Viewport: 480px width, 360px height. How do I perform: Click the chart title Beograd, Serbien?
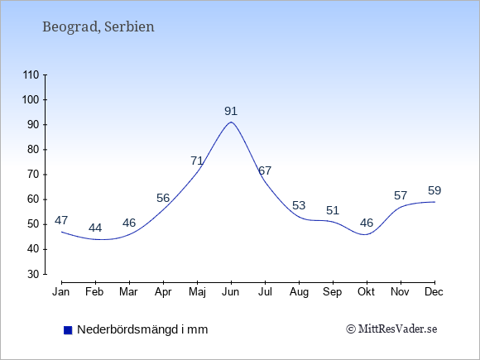coord(98,27)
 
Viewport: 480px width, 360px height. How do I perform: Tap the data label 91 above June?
coord(231,111)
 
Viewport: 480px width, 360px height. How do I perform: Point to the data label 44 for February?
coord(95,228)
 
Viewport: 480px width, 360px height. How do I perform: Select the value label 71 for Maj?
coord(197,161)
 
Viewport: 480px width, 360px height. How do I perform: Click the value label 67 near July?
coord(265,170)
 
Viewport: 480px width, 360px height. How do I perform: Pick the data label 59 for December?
coord(434,190)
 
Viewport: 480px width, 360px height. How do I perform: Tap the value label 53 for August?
coord(299,205)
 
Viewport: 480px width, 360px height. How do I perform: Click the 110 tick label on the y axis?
coord(31,74)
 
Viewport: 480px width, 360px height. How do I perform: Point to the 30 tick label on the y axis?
coord(33,274)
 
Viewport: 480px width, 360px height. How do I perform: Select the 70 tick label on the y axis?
coord(33,175)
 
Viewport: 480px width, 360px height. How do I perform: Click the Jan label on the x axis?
coord(61,292)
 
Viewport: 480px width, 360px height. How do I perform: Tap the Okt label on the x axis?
coord(366,292)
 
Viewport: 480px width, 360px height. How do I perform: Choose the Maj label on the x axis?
coord(197,292)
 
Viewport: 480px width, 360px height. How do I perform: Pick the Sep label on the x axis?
coord(333,292)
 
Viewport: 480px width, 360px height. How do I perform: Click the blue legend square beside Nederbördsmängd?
coord(68,330)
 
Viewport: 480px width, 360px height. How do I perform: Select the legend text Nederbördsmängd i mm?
coord(142,329)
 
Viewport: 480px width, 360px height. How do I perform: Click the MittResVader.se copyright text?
coord(391,329)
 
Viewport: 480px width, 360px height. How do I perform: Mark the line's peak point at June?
coord(231,122)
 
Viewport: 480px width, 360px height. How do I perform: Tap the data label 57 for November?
coord(401,195)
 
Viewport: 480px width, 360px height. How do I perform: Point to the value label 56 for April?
coord(163,198)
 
